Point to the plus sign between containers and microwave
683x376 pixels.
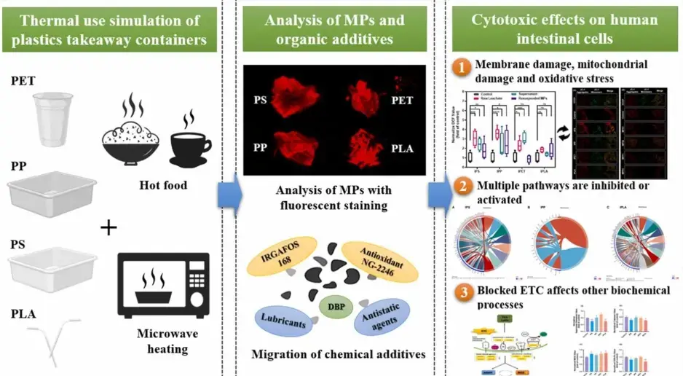tap(108, 227)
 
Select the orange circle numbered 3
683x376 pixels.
tap(461, 297)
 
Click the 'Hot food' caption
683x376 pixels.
tap(162, 185)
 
